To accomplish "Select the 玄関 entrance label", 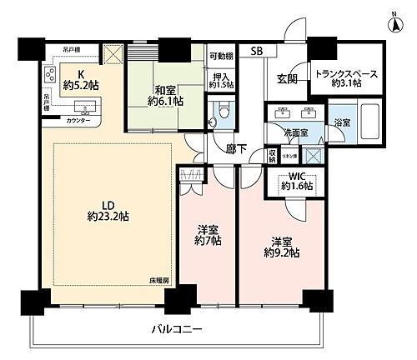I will [x=288, y=80].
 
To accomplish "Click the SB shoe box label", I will [x=258, y=51].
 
